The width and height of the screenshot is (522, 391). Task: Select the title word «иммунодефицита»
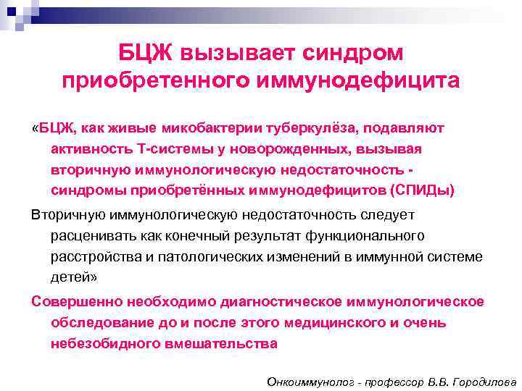point(354,80)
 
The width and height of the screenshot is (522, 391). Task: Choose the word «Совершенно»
point(78,302)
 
